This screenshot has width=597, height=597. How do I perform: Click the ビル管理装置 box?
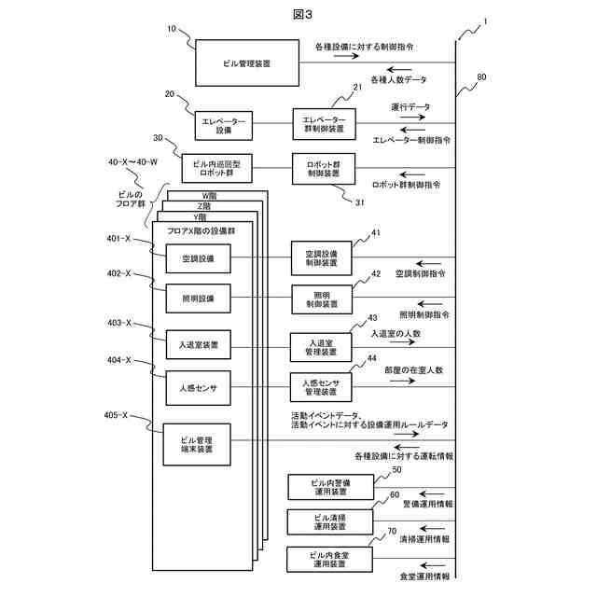click(247, 62)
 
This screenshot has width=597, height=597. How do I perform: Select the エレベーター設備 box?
click(224, 126)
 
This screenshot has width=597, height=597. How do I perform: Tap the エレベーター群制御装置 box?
click(324, 124)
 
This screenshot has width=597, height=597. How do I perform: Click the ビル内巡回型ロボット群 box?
click(216, 168)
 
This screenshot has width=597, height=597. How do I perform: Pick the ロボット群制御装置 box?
click(324, 169)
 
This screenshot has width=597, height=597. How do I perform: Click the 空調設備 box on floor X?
click(198, 258)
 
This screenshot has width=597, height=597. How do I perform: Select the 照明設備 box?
click(198, 298)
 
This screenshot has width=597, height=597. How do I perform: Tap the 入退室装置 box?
click(199, 344)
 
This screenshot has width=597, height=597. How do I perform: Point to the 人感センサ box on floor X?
click(198, 388)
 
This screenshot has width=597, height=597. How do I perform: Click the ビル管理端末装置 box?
click(197, 444)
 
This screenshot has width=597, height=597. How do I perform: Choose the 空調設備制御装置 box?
click(321, 257)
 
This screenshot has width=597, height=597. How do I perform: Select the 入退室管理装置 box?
click(321, 347)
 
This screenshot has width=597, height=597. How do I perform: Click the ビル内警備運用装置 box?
click(330, 487)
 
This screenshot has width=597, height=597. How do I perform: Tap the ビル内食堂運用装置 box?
click(329, 560)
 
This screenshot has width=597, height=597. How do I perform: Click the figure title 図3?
click(302, 15)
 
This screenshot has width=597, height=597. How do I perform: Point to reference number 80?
click(481, 76)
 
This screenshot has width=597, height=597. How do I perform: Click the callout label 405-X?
click(116, 415)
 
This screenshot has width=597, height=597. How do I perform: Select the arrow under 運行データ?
click(412, 117)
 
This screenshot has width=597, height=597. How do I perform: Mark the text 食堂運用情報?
click(424, 576)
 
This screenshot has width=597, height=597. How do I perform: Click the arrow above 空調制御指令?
click(429, 263)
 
